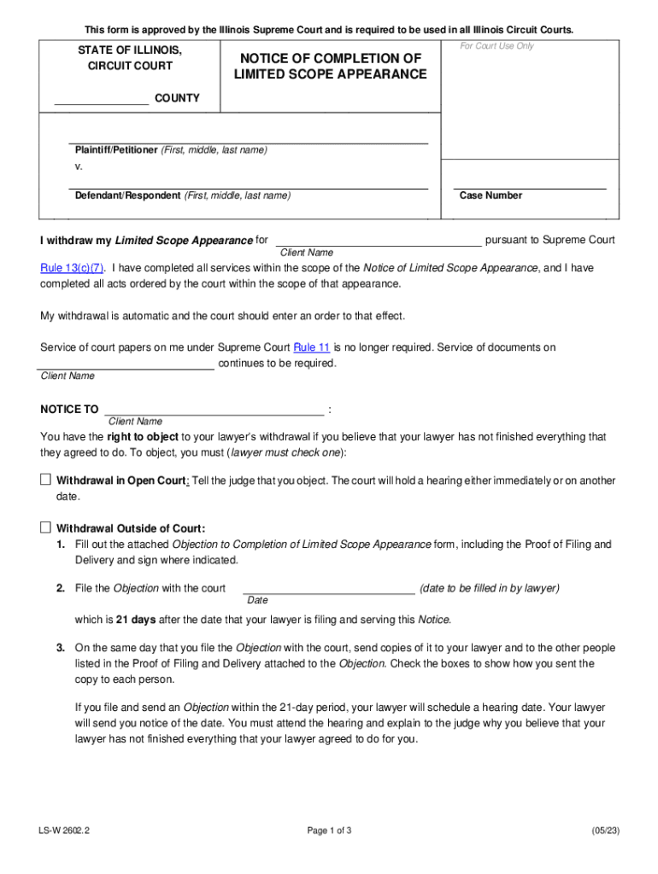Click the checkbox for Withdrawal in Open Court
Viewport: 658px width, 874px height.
pos(45,480)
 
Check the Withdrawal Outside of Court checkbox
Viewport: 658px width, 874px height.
pos(45,527)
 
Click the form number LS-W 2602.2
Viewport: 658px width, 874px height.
pos(63,830)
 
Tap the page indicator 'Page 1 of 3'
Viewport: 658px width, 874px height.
pos(328,830)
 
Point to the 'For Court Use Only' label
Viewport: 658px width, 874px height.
pos(496,46)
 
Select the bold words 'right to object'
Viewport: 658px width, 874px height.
pos(144,436)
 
